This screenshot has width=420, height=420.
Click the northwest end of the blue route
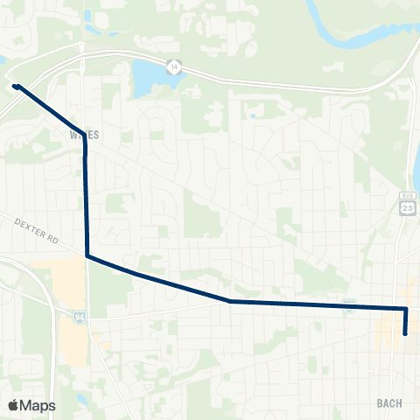coord(16,86)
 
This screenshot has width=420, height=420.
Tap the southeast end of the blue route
coord(405,333)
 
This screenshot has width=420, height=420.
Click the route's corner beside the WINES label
coord(85,146)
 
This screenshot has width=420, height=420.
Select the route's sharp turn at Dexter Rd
coord(87,255)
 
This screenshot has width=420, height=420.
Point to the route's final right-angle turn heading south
coord(406,309)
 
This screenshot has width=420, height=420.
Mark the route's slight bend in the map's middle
coord(230,301)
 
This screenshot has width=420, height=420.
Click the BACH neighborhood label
coord(388,402)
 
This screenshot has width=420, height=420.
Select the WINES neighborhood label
coord(79,135)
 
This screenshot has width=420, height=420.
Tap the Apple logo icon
coord(14,405)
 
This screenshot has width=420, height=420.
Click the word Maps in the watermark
coord(38,405)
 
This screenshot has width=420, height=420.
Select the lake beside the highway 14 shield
coord(149,79)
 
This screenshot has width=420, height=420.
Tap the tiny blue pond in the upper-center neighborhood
coord(252,115)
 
